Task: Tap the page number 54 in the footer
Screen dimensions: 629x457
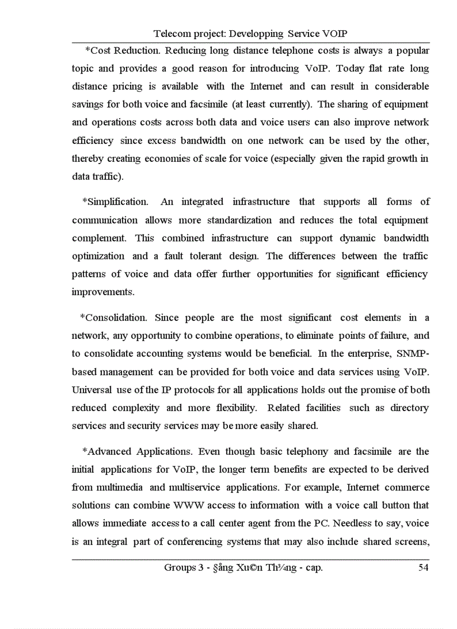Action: click(x=424, y=568)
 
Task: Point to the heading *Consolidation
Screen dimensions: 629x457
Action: click(x=114, y=318)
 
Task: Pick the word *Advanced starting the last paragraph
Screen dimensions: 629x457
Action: click(x=108, y=451)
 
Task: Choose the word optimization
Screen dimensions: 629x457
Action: click(x=99, y=256)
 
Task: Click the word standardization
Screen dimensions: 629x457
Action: click(x=240, y=220)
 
